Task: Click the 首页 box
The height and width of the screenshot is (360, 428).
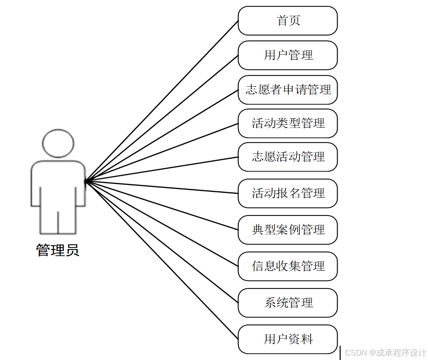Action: pos(288,21)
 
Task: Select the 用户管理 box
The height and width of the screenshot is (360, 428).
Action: pos(288,55)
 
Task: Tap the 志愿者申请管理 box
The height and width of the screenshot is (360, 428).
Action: pos(288,90)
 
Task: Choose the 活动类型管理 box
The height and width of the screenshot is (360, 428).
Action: pos(288,123)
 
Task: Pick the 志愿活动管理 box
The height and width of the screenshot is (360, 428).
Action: pos(288,157)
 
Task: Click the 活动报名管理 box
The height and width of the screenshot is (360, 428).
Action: pos(288,193)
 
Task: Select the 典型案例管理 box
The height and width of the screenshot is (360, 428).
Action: pos(288,230)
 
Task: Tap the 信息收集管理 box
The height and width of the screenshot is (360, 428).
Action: pos(288,266)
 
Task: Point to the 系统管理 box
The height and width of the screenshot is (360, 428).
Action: pos(288,303)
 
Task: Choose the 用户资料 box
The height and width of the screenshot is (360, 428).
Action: pos(288,339)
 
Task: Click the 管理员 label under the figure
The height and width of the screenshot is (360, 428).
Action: pos(58,251)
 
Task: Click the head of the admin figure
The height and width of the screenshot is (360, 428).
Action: pos(58,144)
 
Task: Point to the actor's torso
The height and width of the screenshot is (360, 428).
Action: pos(58,185)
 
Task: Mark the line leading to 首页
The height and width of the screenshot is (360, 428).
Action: pos(162,101)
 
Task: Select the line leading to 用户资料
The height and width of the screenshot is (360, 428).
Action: pos(162,260)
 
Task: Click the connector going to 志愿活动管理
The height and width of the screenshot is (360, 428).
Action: pos(162,169)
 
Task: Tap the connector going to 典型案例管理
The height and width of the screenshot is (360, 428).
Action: pos(162,206)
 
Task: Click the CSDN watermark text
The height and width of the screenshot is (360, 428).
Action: pos(385,353)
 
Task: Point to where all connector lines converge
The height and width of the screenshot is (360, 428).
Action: pos(86,181)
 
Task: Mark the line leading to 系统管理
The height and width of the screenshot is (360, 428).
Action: pos(162,242)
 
